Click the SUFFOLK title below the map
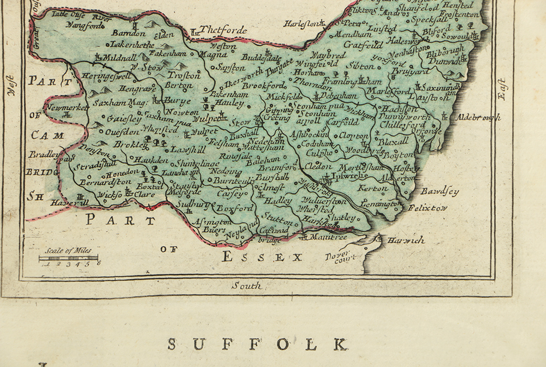[x=257, y=345]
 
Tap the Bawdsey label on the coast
[x=440, y=192]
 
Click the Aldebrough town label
[x=478, y=117]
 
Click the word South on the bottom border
[x=247, y=285]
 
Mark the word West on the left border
[x=10, y=86]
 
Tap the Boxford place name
[x=235, y=208]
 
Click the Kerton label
[x=372, y=189]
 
